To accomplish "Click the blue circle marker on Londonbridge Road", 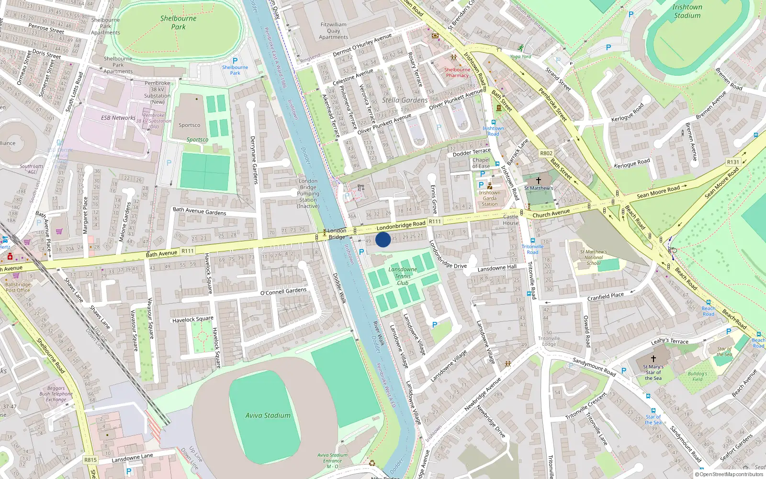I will coord(383,239).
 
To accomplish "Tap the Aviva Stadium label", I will coord(268,415).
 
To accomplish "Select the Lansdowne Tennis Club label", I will coord(403,276).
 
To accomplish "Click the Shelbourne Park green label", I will coord(178,23).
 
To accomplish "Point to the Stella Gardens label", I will coord(405,100).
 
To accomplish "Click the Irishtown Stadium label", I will coord(687,11).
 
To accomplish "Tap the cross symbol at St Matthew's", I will coord(538,181).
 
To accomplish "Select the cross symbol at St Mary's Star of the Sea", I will coord(653,358).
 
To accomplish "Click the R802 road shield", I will coord(546,153).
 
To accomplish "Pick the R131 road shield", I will coord(733,162).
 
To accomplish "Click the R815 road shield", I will coord(90,460).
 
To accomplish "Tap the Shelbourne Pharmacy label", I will coord(457,72).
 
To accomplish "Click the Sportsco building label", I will coord(189,125).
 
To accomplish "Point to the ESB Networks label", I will coord(118,117).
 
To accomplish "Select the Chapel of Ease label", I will coord(481,163).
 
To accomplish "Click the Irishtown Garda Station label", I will coord(489,198).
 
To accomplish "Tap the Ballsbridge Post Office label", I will coord(18,287).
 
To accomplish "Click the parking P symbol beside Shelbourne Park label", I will coord(235,61).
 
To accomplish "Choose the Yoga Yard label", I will coord(520,57).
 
